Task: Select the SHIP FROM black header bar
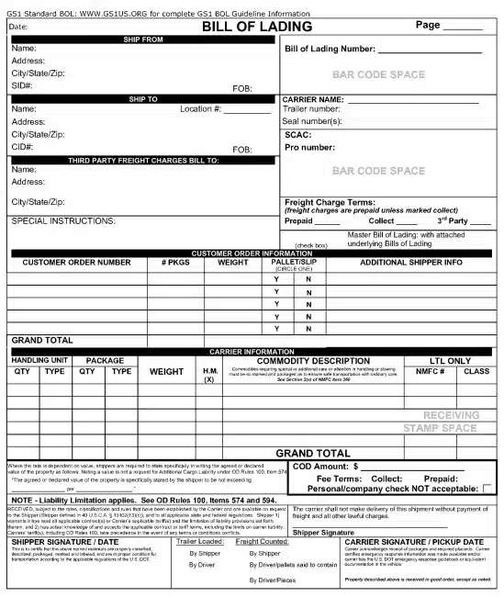(x=142, y=39)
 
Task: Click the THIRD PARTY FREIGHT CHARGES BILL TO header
(x=142, y=161)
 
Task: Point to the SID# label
(x=22, y=85)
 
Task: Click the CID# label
(x=22, y=146)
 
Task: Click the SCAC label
(x=298, y=134)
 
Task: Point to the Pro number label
(x=310, y=147)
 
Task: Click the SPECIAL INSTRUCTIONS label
(x=63, y=221)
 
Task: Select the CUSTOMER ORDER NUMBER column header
(x=76, y=263)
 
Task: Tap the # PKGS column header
(x=175, y=263)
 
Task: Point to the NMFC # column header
(x=430, y=372)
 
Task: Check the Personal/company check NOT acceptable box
(x=487, y=489)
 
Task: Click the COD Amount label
(x=321, y=467)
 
